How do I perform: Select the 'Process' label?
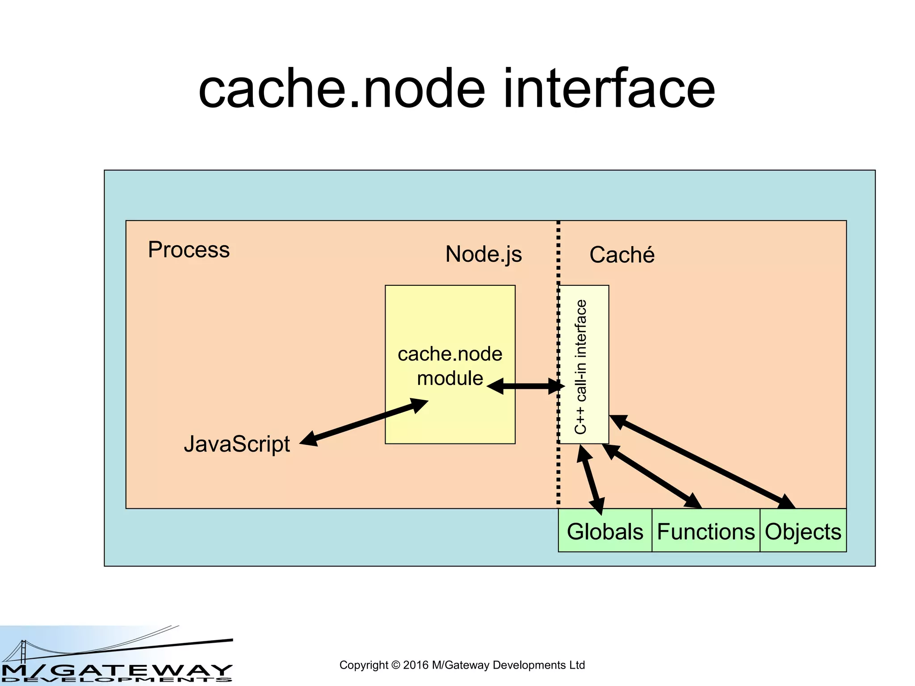pyautogui.click(x=189, y=250)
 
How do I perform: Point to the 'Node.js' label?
pyautogui.click(x=483, y=254)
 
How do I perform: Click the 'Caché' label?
pyautogui.click(x=621, y=255)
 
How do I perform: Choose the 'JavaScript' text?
pyautogui.click(x=237, y=444)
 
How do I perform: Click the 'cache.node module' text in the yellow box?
pyautogui.click(x=450, y=366)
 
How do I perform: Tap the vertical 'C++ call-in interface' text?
pyautogui.click(x=580, y=366)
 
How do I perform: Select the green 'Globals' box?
pyautogui.click(x=605, y=531)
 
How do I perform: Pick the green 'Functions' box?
pyautogui.click(x=705, y=531)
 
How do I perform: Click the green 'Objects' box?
pyautogui.click(x=803, y=531)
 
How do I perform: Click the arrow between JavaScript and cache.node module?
pyautogui.click(x=364, y=422)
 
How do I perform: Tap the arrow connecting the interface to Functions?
pyautogui.click(x=652, y=476)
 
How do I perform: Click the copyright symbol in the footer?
pyautogui.click(x=395, y=665)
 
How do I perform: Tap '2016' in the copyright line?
pyautogui.click(x=416, y=665)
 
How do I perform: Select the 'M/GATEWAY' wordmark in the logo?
pyautogui.click(x=116, y=670)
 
